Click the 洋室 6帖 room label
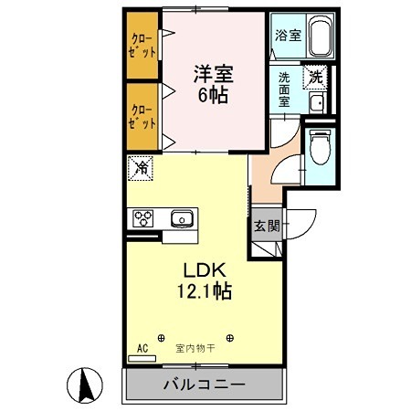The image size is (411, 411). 210,82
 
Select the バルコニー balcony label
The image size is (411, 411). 204,385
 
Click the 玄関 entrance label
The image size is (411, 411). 265,227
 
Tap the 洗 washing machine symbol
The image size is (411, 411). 315,78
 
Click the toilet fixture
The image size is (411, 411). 320,146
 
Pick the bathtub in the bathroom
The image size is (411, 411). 319,37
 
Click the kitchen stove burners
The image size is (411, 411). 145,218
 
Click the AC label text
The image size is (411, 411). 142,348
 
